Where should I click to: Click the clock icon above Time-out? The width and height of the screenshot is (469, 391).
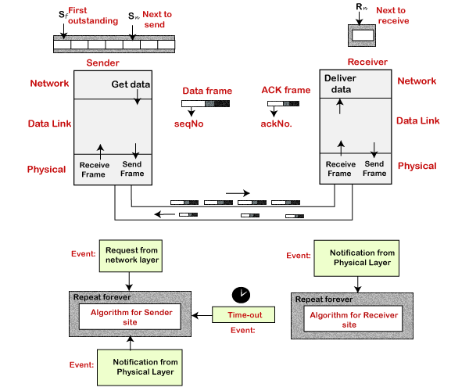[241, 295]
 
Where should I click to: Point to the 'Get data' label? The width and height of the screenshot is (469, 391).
[131, 84]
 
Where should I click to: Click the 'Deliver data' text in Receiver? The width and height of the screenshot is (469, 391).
[339, 84]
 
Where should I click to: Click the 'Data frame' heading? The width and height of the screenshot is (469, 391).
[206, 91]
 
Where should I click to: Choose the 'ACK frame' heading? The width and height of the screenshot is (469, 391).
[286, 91]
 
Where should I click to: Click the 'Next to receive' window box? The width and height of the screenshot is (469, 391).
[362, 35]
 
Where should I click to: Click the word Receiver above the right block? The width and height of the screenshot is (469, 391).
[367, 62]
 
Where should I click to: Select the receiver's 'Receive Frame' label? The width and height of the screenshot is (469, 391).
[341, 168]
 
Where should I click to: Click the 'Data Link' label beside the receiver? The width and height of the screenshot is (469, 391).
[417, 120]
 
